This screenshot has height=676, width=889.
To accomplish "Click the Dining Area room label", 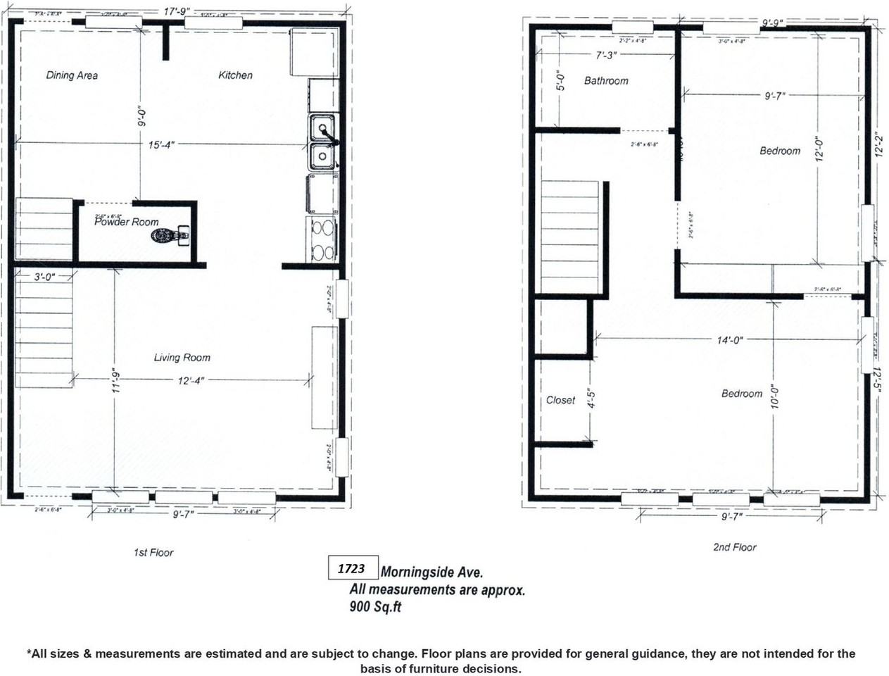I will tap(72, 75).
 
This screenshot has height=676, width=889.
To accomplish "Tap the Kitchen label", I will tap(235, 75).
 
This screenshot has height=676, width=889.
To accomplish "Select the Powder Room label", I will tap(127, 222).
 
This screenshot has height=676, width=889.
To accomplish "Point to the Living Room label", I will tap(182, 358).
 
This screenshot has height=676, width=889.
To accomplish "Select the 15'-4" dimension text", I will tap(161, 144).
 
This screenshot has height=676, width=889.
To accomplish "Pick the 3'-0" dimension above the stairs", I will tap(44, 277).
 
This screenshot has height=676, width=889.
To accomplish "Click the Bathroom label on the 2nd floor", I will tap(606, 81).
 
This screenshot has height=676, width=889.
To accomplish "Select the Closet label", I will tap(560, 400).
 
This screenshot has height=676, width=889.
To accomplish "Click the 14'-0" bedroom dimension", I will tap(730, 340).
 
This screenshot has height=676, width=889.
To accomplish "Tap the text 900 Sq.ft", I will tap(375, 607).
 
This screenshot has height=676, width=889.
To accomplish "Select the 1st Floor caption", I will tap(153, 553).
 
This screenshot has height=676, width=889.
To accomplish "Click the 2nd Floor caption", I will tap(734, 547).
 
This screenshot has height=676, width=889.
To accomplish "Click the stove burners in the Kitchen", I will tap(322, 239).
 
